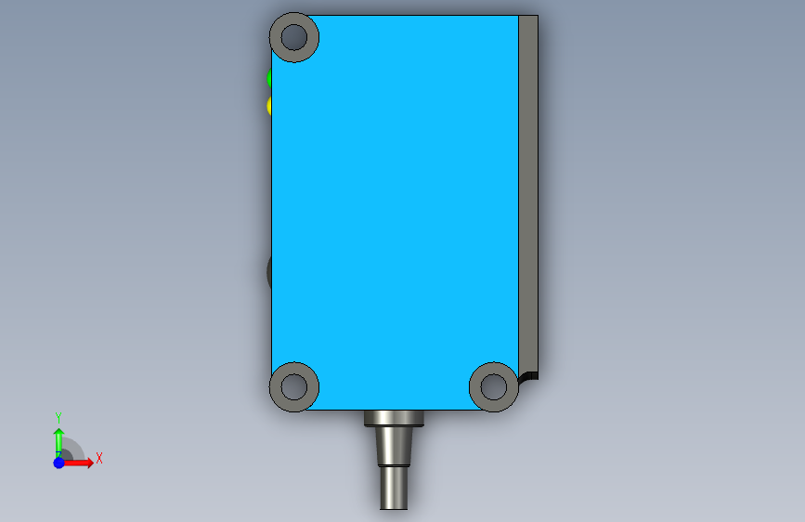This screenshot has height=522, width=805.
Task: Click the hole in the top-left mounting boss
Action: pyautogui.click(x=294, y=37)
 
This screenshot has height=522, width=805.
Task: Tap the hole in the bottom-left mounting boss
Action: pyautogui.click(x=294, y=387)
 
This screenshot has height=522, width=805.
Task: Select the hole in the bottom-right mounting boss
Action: pyautogui.click(x=493, y=387)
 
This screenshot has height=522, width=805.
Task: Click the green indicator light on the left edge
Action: pyautogui.click(x=269, y=78)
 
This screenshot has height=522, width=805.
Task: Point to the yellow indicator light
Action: pyautogui.click(x=269, y=105)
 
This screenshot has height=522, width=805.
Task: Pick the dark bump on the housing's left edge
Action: pyautogui.click(x=269, y=271)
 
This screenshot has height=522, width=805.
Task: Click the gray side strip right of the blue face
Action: pyautogui.click(x=528, y=194)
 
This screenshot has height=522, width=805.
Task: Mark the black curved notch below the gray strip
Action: pyautogui.click(x=529, y=376)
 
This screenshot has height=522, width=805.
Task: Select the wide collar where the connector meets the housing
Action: pyautogui.click(x=394, y=418)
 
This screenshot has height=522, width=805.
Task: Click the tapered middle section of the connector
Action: pyautogui.click(x=394, y=446)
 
